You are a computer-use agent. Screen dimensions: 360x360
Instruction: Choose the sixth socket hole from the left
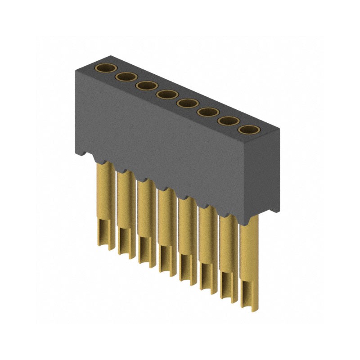pos(207,112)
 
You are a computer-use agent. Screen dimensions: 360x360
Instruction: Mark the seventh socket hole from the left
pos(228,121)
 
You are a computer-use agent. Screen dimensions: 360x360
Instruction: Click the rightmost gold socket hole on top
pos(248,130)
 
